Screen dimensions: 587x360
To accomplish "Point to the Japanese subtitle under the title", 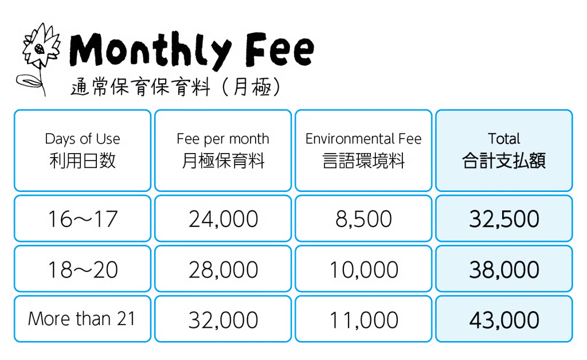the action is pyautogui.click(x=176, y=87).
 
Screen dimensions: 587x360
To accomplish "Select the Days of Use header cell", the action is pyautogui.click(x=83, y=150).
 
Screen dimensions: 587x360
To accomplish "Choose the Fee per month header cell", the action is pyautogui.click(x=223, y=150).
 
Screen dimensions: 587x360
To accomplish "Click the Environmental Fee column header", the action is pyautogui.click(x=363, y=150).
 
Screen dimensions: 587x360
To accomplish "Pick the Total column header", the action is pyautogui.click(x=504, y=150).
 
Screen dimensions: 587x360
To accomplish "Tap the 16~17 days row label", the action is pyautogui.click(x=83, y=218).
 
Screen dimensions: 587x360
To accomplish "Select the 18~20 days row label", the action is pyautogui.click(x=83, y=269).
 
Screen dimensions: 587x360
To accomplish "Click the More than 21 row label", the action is pyautogui.click(x=83, y=319).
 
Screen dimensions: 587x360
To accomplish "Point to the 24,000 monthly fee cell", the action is pyautogui.click(x=223, y=218).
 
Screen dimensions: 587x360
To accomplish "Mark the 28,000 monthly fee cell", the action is pyautogui.click(x=223, y=269).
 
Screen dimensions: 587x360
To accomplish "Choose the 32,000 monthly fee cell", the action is pyautogui.click(x=223, y=319).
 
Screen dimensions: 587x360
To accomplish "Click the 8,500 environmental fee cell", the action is pyautogui.click(x=363, y=218).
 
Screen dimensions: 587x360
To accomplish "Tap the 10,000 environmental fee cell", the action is pyautogui.click(x=363, y=269).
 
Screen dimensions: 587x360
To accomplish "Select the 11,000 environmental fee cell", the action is pyautogui.click(x=363, y=319).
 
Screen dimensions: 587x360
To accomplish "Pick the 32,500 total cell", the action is pyautogui.click(x=504, y=218).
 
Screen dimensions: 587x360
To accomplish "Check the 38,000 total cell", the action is pyautogui.click(x=504, y=269).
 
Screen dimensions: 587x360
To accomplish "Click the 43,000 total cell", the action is pyautogui.click(x=504, y=319).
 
